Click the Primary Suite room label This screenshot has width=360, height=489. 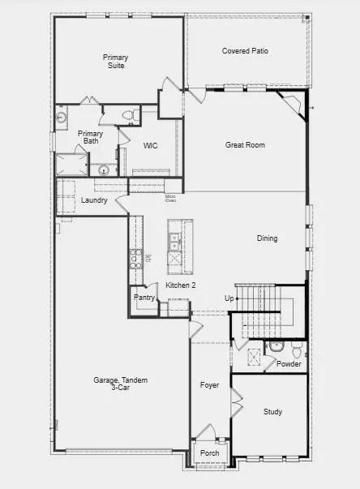pos(115,62)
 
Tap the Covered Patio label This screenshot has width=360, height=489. pos(246,51)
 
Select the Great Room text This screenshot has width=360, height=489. pos(246,145)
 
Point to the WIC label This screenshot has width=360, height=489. pos(150,146)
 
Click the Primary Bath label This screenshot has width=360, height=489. pos(90,137)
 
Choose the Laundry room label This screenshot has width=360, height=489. pos(95,199)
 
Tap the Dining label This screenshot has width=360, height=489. pos(268,238)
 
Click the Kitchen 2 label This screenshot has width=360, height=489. pos(181,285)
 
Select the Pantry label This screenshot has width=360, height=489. pos(144,298)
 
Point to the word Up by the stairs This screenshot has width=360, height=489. pos(229,298)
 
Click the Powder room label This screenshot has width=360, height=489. pos(289,364)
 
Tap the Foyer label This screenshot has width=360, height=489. pos(210,384)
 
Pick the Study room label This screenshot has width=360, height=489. pos(273,412)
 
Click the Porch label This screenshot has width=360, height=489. pos(210,453)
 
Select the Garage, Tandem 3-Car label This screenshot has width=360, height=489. pos(120,384)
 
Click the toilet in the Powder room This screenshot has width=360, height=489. pos(297,350)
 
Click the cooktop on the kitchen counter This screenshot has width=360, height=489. pos(136,259)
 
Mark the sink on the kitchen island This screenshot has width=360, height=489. pos(174,239)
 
